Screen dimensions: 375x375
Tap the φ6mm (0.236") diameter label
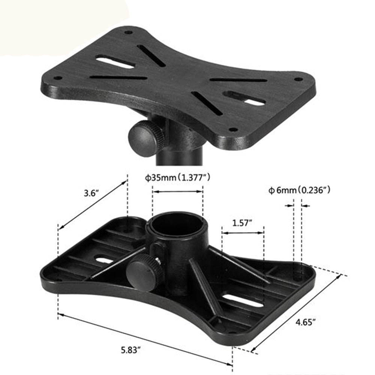tap(299, 190)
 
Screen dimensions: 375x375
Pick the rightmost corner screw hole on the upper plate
tap(298, 79)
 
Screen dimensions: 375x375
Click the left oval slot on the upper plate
tap(115, 61)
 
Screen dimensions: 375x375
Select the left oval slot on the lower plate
tap(104, 259)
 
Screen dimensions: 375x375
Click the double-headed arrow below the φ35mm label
tap(178, 192)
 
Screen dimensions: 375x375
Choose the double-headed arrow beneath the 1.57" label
tap(243, 233)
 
